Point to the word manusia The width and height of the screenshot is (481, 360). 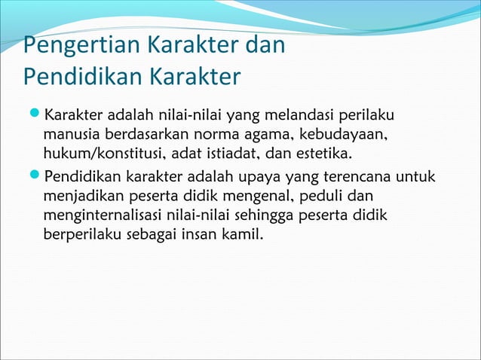point(69,136)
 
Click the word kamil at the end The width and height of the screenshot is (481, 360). point(244,236)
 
